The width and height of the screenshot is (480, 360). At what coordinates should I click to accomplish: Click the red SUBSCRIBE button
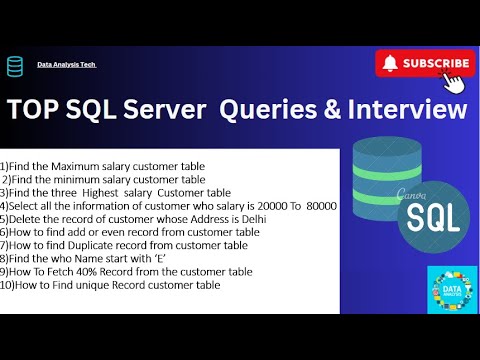point(423,63)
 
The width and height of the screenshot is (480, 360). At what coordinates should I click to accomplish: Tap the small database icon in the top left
point(15,66)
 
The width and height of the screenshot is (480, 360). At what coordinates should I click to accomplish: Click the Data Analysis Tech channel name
point(66,65)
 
